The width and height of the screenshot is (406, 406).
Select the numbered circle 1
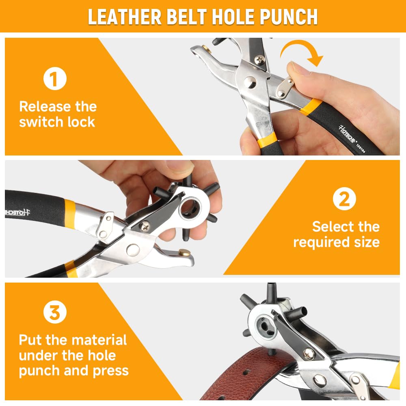pyautogui.click(x=55, y=78)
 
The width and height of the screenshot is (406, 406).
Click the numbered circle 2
pyautogui.click(x=344, y=199)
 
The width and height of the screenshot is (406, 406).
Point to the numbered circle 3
pyautogui.click(x=55, y=312)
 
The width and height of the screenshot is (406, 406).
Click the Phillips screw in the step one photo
pyautogui.click(x=259, y=60)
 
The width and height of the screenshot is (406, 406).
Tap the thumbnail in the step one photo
pyautogui.click(x=295, y=68)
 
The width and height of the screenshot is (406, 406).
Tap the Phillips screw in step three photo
pyautogui.click(x=309, y=354)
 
